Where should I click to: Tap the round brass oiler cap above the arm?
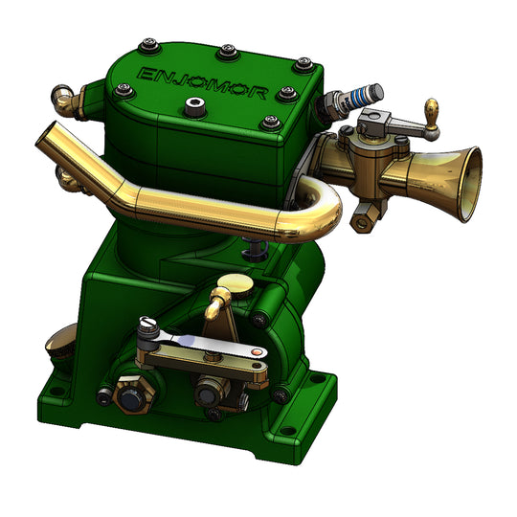pos(234,283)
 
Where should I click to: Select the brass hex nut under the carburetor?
pos(363,221)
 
